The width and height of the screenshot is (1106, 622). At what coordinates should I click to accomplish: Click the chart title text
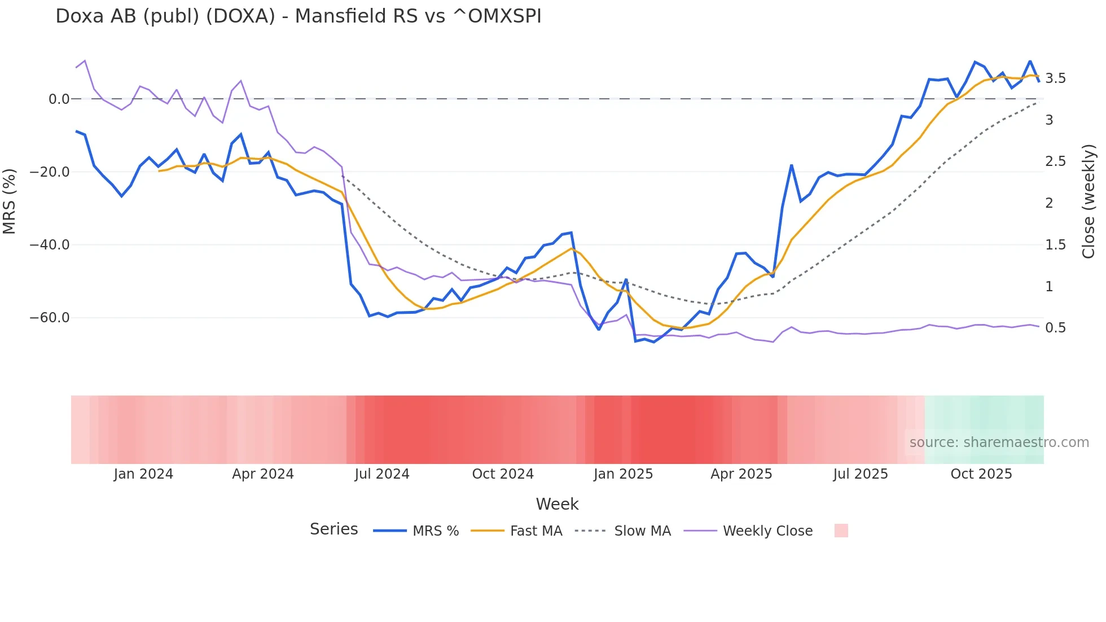pyautogui.click(x=298, y=16)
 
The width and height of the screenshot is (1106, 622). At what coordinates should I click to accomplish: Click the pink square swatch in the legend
pyautogui.click(x=841, y=531)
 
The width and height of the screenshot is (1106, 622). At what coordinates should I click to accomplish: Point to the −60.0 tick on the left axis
pyautogui.click(x=50, y=318)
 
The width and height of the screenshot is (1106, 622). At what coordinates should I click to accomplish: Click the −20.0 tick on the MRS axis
pyautogui.click(x=50, y=172)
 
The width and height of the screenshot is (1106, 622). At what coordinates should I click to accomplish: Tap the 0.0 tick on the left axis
pyautogui.click(x=59, y=99)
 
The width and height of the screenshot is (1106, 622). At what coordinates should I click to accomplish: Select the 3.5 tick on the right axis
pyautogui.click(x=1055, y=78)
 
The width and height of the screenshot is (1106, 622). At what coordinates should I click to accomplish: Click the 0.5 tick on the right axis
pyautogui.click(x=1055, y=328)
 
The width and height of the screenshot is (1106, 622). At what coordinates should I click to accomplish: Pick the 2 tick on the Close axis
pyautogui.click(x=1049, y=203)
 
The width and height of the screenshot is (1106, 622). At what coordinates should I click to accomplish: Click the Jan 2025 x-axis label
pyautogui.click(x=623, y=474)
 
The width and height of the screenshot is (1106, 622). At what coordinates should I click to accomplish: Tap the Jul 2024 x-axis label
pyautogui.click(x=382, y=474)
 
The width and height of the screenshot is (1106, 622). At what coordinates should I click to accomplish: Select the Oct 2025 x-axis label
pyautogui.click(x=981, y=474)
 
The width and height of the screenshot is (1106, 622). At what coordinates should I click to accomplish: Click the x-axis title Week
pyautogui.click(x=557, y=504)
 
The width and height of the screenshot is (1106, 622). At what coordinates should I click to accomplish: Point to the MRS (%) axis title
pyautogui.click(x=9, y=201)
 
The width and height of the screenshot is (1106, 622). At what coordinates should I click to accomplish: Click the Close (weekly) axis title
pyautogui.click(x=1089, y=201)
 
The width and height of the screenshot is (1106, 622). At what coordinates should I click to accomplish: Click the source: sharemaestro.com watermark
pyautogui.click(x=999, y=443)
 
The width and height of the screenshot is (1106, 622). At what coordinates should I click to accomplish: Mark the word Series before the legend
pyautogui.click(x=333, y=529)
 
